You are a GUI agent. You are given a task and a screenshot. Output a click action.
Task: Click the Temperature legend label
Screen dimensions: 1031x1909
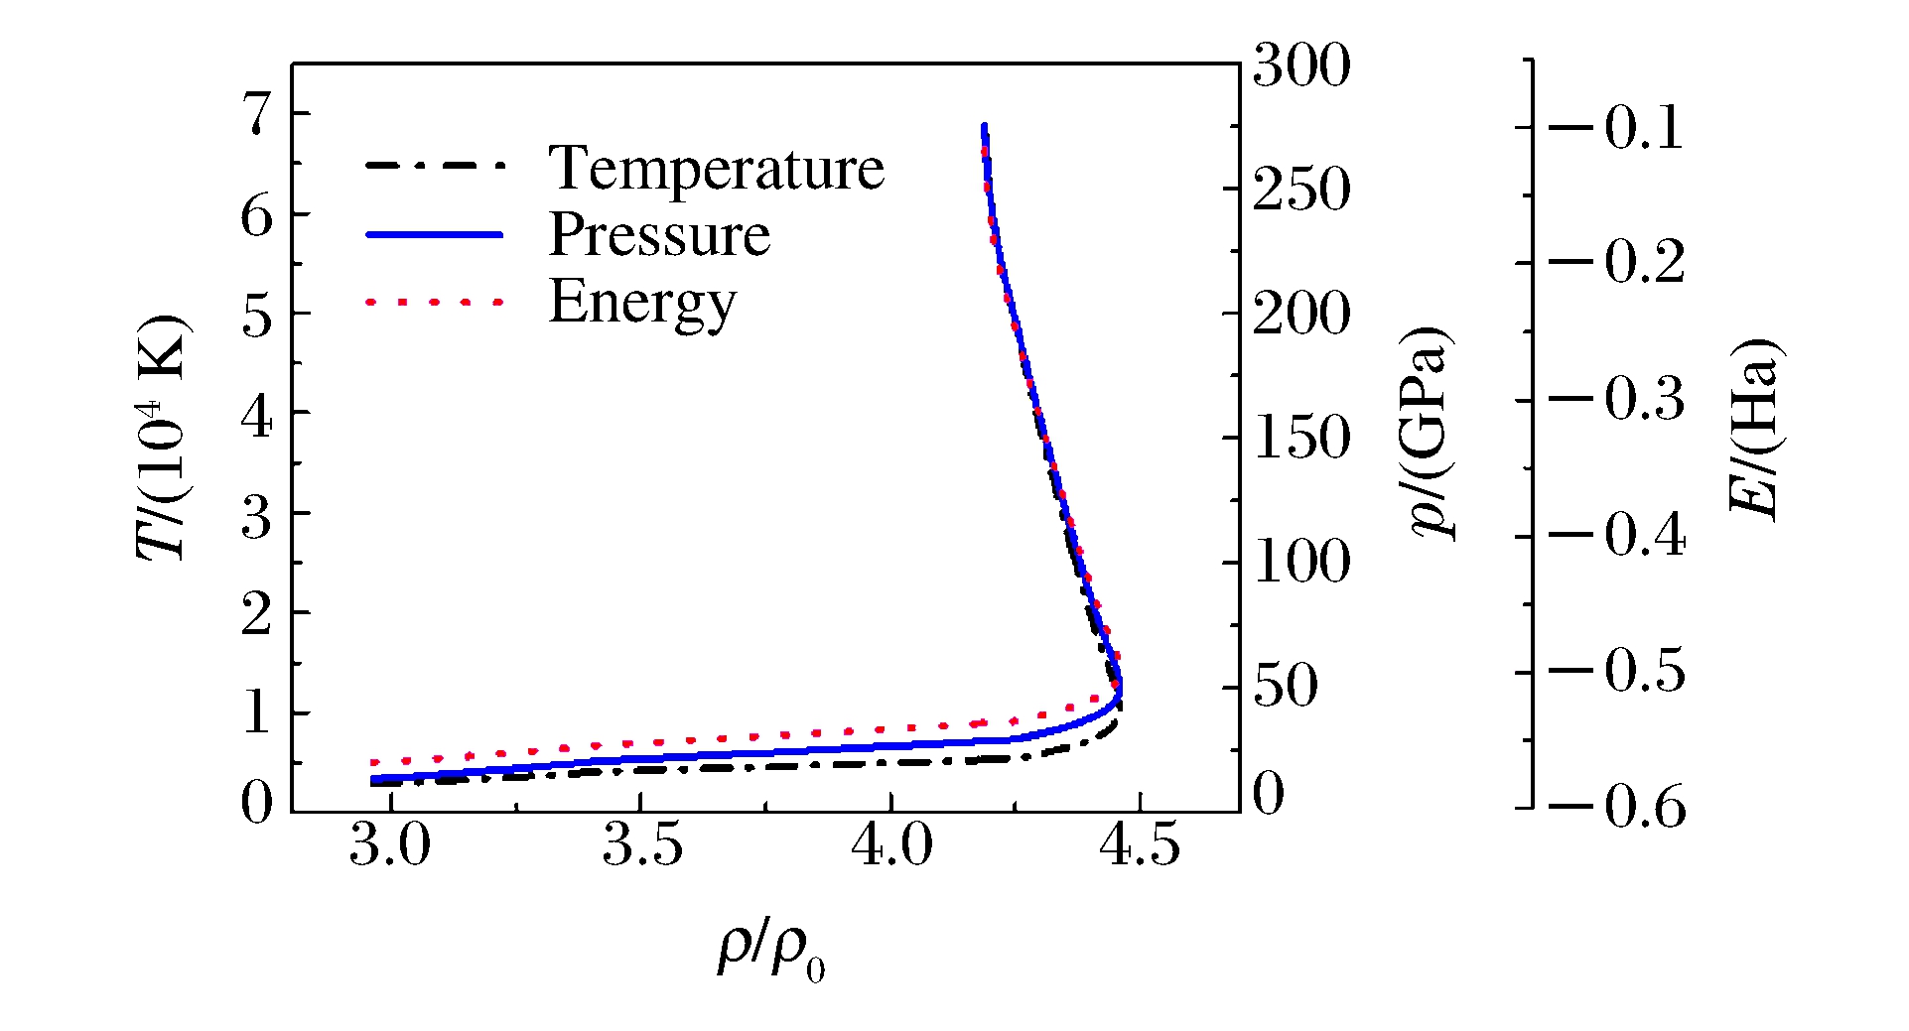point(716,168)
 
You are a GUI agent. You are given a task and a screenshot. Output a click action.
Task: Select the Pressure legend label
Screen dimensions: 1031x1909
point(659,235)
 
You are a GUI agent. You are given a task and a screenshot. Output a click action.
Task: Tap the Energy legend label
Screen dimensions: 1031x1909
point(642,302)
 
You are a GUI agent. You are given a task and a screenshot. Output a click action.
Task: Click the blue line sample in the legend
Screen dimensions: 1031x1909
point(435,235)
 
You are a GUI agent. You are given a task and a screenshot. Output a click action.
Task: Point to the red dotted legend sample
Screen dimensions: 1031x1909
point(435,301)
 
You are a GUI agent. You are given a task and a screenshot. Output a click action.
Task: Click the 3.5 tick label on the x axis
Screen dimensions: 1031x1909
point(642,847)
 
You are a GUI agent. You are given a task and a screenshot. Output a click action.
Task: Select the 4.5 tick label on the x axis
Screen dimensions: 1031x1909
point(1140,847)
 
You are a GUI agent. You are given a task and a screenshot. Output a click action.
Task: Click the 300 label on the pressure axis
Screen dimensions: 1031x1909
point(1300,66)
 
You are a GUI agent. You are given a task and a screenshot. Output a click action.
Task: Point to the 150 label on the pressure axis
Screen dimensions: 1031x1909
point(1300,438)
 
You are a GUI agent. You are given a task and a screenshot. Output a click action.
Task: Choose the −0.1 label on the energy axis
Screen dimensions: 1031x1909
point(1616,128)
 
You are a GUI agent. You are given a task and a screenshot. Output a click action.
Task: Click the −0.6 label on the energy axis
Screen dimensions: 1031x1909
point(1616,806)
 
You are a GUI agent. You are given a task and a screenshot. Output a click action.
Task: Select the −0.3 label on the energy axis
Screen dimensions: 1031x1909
point(1616,399)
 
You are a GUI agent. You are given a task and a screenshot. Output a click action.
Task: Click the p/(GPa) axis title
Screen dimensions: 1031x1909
point(1431,432)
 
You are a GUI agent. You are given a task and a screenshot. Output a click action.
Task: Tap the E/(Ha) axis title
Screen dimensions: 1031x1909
point(1755,429)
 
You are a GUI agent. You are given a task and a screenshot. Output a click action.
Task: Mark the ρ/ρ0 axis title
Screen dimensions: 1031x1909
point(770,953)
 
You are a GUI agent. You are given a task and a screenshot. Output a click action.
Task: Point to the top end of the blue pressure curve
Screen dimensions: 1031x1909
point(984,126)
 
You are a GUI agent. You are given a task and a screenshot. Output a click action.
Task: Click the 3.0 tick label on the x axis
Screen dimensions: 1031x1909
point(390,847)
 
